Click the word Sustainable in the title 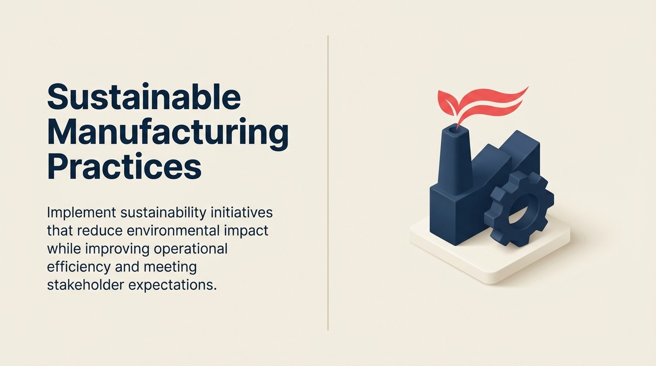click(x=144, y=97)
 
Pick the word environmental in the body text click(x=173, y=231)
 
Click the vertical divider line click(x=328, y=183)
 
